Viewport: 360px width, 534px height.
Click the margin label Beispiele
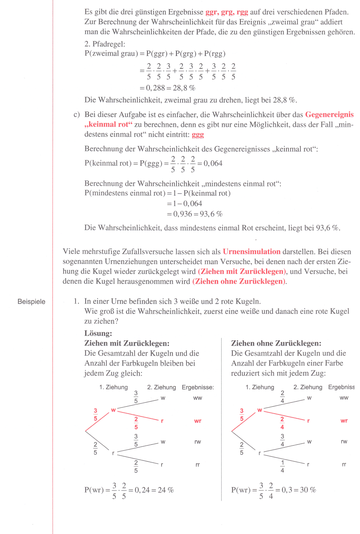click(32, 302)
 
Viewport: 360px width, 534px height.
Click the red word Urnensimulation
click(252, 252)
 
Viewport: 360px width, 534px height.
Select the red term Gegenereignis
click(329, 114)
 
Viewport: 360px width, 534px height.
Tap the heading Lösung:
click(98, 333)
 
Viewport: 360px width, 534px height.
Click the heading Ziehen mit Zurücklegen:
click(127, 343)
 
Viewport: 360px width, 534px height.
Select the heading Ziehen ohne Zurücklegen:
click(276, 343)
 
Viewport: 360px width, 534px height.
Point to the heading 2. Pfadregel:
click(105, 44)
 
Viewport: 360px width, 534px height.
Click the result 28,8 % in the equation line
click(184, 88)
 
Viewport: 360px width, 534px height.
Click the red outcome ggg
click(198, 135)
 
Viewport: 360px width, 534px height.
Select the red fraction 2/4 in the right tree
click(282, 423)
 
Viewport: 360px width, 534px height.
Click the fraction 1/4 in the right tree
click(282, 466)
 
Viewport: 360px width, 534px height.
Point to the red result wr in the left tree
click(198, 421)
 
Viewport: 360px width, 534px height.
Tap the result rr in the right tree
click(344, 464)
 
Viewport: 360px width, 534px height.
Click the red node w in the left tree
click(113, 410)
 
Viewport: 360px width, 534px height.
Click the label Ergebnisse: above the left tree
click(198, 387)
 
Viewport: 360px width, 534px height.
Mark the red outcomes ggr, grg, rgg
click(226, 12)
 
